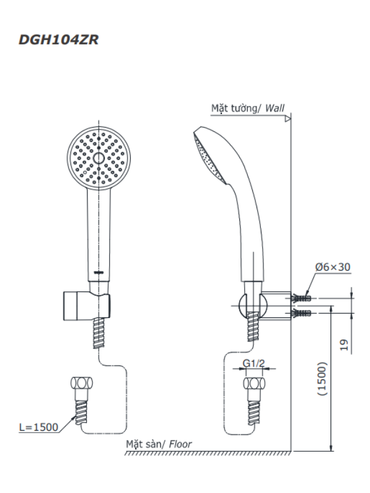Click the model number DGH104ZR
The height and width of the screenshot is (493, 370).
(59, 40)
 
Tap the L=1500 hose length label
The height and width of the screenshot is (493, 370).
(39, 427)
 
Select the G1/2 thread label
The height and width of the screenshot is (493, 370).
(253, 363)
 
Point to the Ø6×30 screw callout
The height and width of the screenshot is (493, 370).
(332, 267)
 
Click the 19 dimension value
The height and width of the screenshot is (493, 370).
(345, 345)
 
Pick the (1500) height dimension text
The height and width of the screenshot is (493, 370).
(323, 379)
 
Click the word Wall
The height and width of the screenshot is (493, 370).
(274, 108)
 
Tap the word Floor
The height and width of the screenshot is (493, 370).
(180, 444)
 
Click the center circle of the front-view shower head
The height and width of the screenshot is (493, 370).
(99, 158)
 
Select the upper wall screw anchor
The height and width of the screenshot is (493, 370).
(301, 298)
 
